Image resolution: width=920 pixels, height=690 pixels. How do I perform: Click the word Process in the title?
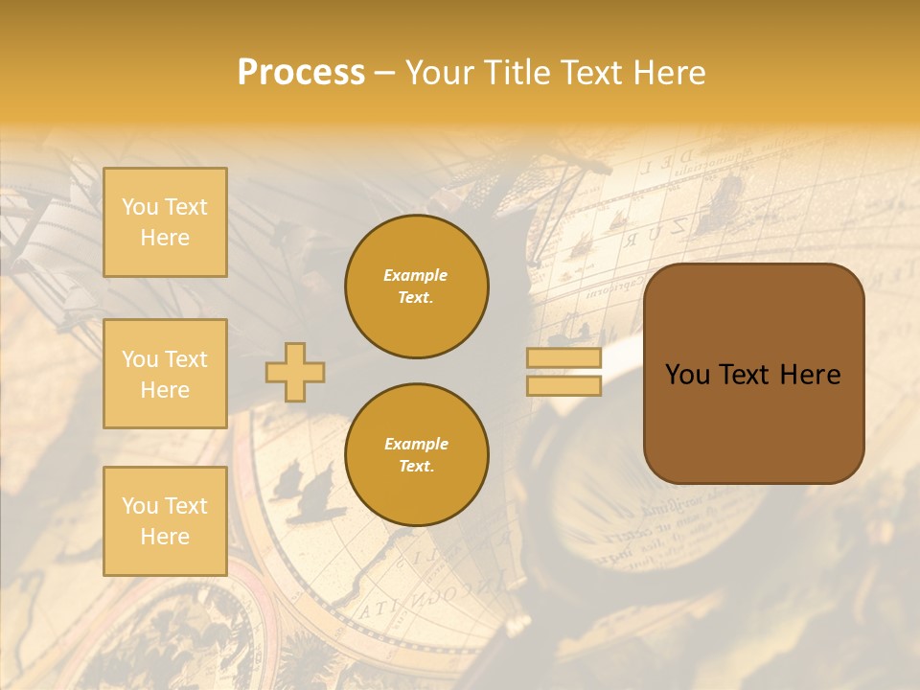pyautogui.click(x=301, y=73)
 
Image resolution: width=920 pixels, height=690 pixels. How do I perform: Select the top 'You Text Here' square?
pyautogui.click(x=165, y=222)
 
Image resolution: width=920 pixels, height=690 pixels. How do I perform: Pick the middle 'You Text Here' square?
pyautogui.click(x=165, y=374)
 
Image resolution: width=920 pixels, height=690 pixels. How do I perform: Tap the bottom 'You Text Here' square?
pyautogui.click(x=165, y=521)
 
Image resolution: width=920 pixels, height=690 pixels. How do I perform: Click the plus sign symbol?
pyautogui.click(x=295, y=372)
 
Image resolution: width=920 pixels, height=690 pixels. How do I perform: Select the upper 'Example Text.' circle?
pyautogui.click(x=417, y=287)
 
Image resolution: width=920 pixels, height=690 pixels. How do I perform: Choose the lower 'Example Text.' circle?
pyautogui.click(x=417, y=455)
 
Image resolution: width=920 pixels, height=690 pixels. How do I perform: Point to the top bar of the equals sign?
pyautogui.click(x=563, y=358)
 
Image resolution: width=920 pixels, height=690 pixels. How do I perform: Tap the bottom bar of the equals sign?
pyautogui.click(x=563, y=386)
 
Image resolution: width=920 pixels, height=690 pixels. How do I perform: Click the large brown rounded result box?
pyautogui.click(x=753, y=374)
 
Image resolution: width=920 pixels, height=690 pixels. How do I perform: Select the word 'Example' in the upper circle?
pyautogui.click(x=416, y=275)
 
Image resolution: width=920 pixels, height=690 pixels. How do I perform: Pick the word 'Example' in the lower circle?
pyautogui.click(x=416, y=444)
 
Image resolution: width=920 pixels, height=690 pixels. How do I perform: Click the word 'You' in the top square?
pyautogui.click(x=140, y=207)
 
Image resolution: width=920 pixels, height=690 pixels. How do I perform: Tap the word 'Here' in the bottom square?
pyautogui.click(x=165, y=537)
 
